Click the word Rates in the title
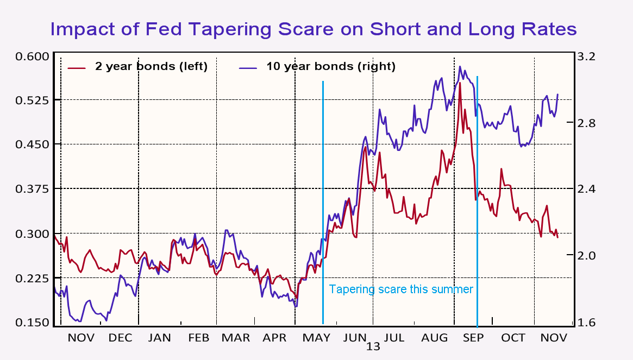click(546, 28)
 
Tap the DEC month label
click(120, 338)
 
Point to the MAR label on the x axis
click(236, 338)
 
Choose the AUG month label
click(434, 338)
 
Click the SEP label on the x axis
click(473, 338)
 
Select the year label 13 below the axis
click(373, 347)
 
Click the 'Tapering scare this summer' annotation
click(401, 289)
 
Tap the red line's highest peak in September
click(460, 83)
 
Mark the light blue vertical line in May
click(323, 217)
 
